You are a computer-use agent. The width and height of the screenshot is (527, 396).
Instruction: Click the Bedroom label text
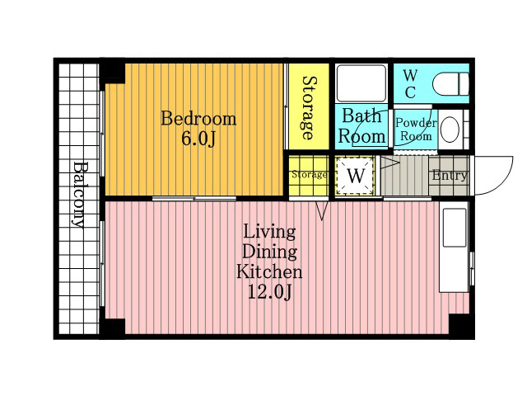pos(198,119)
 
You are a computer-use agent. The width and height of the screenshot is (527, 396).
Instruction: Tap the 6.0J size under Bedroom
pos(198,138)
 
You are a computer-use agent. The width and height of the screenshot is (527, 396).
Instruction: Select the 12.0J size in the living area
pos(269,291)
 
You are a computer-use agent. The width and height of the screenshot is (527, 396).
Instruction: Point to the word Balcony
pos(80,195)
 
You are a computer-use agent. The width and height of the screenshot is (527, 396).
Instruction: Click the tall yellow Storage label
pos(310,108)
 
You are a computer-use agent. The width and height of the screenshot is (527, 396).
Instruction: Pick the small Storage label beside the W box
pos(310,174)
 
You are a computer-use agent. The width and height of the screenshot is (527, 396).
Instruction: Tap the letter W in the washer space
pos(356,176)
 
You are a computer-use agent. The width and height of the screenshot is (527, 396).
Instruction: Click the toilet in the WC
pos(450,84)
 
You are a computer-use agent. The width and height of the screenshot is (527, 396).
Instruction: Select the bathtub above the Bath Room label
pos(361,83)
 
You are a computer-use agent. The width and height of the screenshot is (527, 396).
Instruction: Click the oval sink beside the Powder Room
pos(450,130)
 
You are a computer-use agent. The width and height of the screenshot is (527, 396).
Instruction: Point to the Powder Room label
pos(416,130)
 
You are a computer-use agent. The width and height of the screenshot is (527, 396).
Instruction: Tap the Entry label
pos(450,175)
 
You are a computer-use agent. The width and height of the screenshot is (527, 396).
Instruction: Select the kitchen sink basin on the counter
pos(455,228)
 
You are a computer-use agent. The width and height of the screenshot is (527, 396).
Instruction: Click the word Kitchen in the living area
pos(269,271)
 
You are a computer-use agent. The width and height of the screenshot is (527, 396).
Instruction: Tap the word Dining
pos(269,252)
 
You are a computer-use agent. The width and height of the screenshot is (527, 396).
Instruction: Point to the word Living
pos(269,232)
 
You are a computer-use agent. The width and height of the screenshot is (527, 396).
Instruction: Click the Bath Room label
pos(362,126)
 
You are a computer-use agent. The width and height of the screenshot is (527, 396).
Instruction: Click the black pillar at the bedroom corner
pos(114,72)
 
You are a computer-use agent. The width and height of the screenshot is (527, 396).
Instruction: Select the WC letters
pos(410,84)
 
